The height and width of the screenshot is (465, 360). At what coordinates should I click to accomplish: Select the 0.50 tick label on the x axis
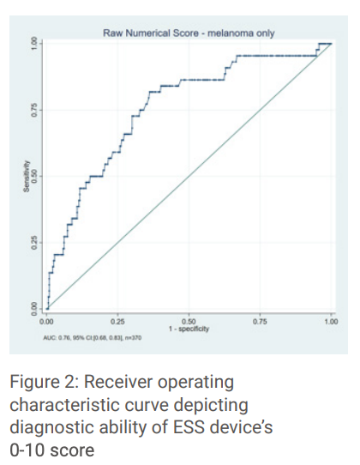pos(189,319)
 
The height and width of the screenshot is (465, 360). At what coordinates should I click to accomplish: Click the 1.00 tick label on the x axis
pos(332,319)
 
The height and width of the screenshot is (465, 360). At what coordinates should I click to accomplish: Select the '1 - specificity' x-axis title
pos(189,329)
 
